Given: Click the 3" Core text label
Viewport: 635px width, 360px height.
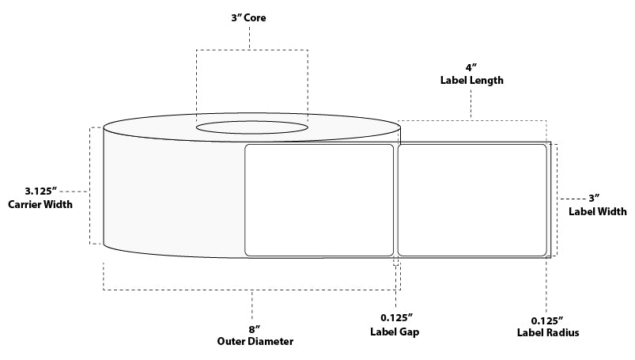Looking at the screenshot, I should click(250, 17).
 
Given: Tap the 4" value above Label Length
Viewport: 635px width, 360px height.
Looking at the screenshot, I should click(472, 67).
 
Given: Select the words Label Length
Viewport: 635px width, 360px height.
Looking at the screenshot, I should click(472, 81).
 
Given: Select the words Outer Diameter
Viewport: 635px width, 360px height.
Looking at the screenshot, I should click(255, 342).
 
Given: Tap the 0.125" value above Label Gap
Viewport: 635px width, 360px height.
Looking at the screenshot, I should click(395, 319).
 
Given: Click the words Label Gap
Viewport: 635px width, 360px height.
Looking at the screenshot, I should click(395, 333).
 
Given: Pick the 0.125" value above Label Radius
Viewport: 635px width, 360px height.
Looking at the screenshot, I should click(546, 319).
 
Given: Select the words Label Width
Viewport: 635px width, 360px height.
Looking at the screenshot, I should click(598, 211).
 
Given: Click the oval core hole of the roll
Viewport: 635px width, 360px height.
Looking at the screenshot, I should click(251, 127).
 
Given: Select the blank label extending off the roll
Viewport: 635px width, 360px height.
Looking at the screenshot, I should click(471, 200).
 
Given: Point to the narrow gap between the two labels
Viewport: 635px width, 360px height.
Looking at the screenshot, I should click(395, 200).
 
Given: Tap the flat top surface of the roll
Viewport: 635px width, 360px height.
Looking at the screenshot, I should click(158, 127).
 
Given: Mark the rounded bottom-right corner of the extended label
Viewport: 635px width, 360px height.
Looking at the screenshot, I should click(544, 253).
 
